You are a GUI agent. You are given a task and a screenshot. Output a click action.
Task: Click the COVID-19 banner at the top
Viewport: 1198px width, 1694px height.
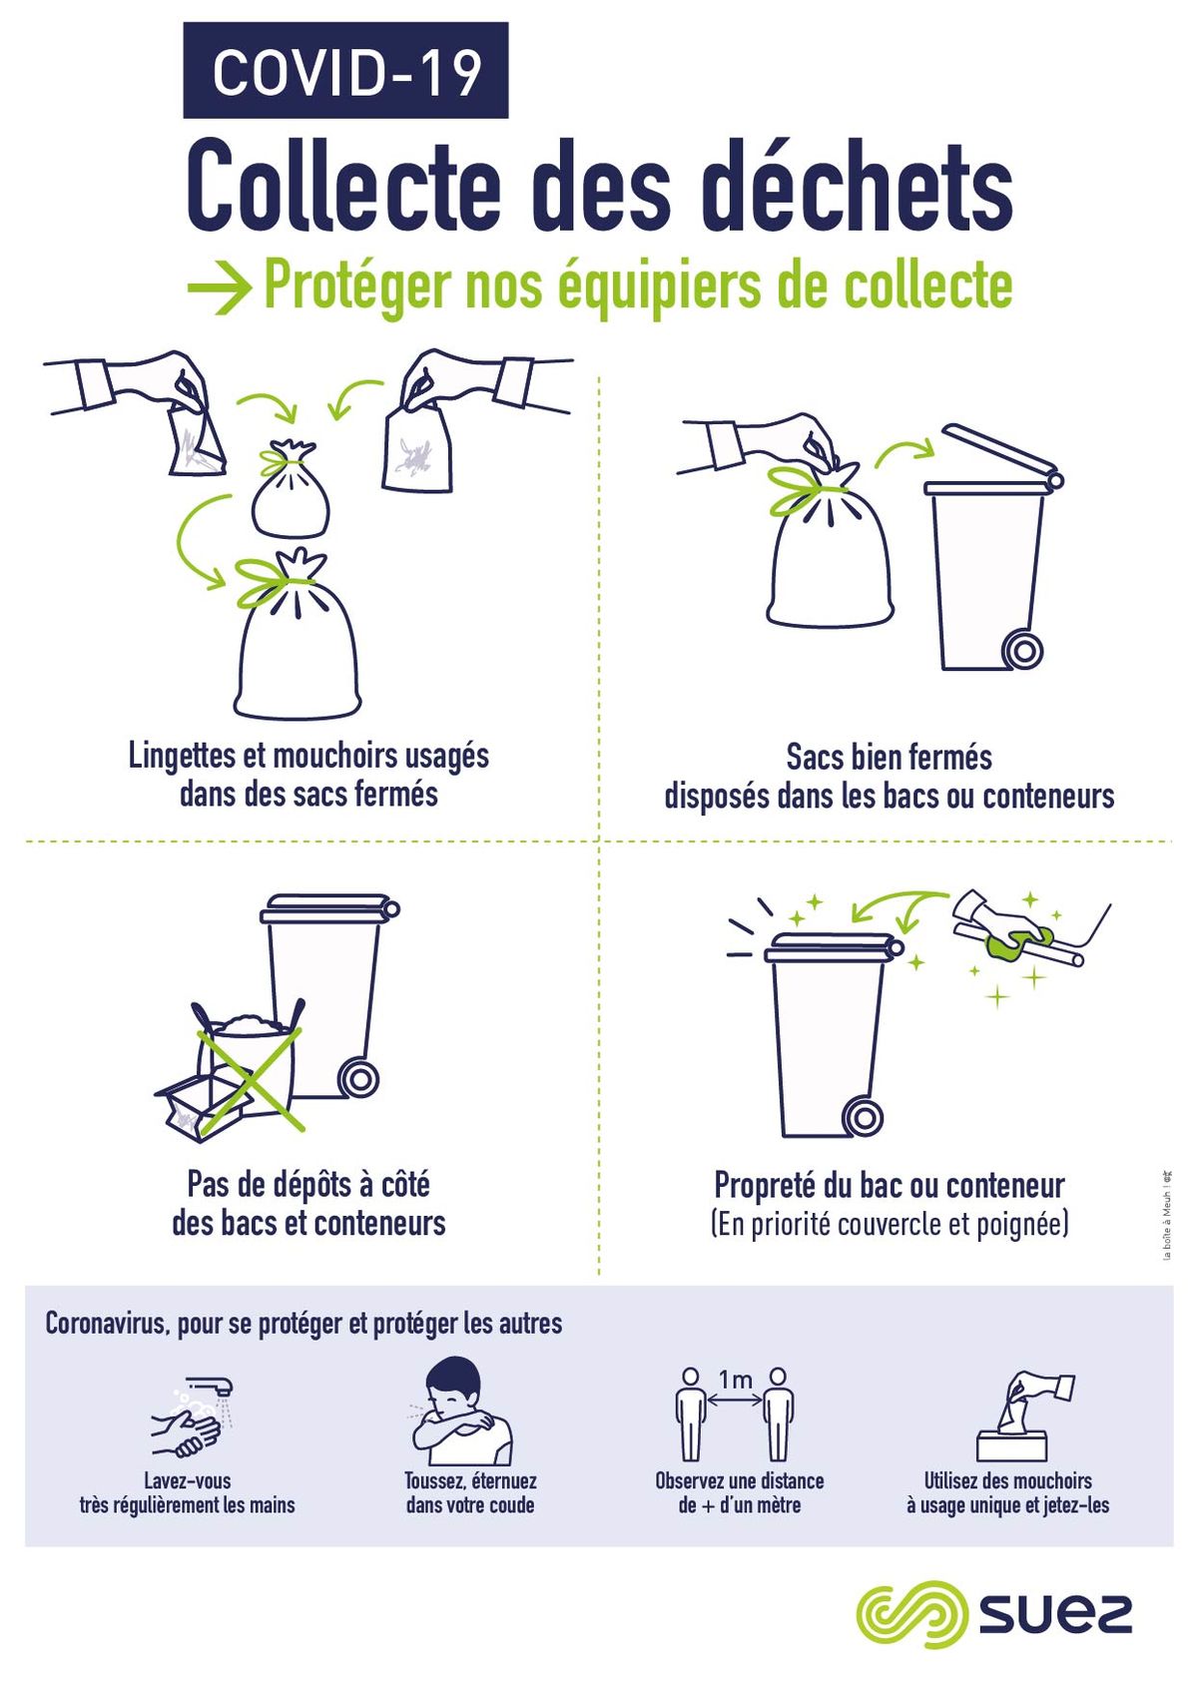(x=345, y=70)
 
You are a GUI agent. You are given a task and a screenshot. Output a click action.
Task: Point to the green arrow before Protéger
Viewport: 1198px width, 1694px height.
(x=220, y=288)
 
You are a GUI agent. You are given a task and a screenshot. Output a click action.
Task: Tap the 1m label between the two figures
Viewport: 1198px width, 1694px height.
(x=735, y=1381)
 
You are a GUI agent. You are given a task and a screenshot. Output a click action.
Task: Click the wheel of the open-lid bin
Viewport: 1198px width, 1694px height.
(x=1023, y=650)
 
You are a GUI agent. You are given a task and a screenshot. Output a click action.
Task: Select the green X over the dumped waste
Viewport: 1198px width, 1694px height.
(x=251, y=1078)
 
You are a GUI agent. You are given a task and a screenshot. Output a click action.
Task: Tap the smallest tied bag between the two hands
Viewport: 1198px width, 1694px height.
(x=291, y=487)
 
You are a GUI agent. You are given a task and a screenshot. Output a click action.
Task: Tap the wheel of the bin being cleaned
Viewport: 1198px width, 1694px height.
(x=863, y=1116)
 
